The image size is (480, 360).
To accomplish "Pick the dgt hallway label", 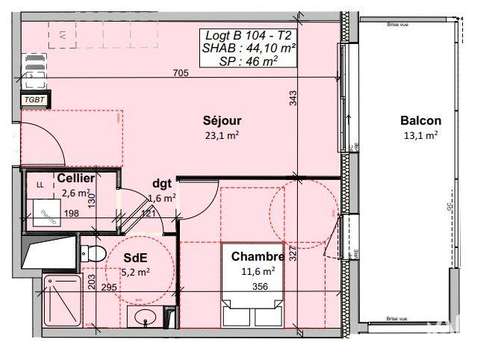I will point(162,183).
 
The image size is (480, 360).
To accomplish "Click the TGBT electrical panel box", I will point(33,100).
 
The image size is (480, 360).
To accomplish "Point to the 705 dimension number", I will point(180,73).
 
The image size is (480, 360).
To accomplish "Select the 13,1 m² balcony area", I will point(419,138).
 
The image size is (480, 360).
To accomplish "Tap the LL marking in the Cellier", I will point(40,185).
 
